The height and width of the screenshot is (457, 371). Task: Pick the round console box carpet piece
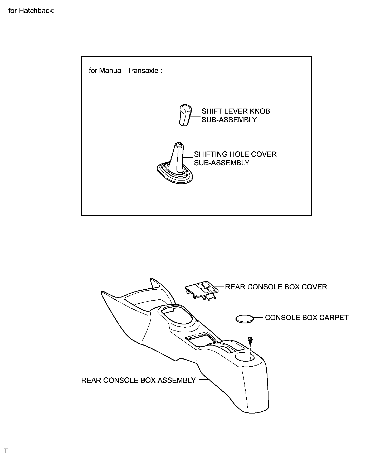click(244, 319)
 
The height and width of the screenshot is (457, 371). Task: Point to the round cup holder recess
click(245, 357)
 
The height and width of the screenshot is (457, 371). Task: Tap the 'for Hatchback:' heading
click(32, 11)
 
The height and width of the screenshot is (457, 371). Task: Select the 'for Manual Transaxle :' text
click(125, 71)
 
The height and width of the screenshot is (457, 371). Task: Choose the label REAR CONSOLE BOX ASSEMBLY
click(138, 380)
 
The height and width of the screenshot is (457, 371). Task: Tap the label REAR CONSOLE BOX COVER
click(276, 287)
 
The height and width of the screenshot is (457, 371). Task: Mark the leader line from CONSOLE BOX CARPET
click(258, 318)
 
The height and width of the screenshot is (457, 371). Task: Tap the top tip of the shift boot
click(179, 144)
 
